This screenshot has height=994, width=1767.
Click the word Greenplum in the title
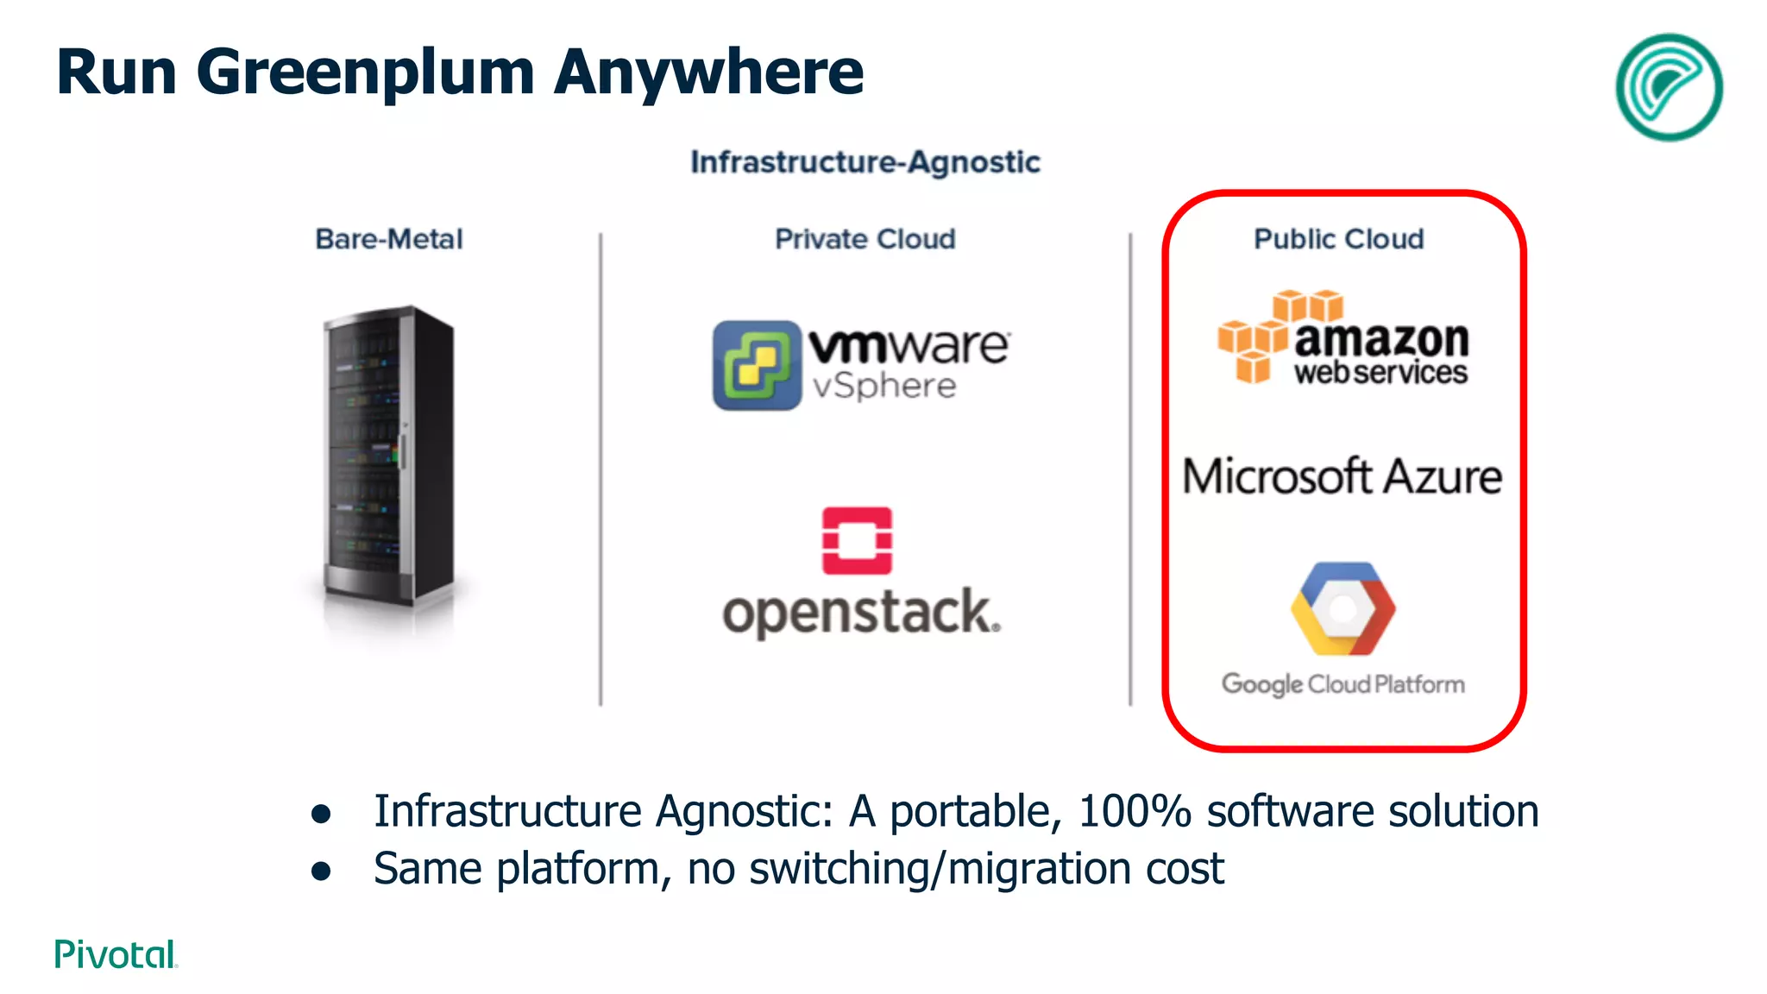click(x=367, y=73)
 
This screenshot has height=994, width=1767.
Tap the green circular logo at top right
click(x=1668, y=87)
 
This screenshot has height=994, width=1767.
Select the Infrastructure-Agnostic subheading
click(x=865, y=162)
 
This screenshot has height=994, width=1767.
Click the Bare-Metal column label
click(x=389, y=239)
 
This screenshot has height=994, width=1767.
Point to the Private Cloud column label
click(x=865, y=239)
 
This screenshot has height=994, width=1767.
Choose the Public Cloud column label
click(x=1338, y=239)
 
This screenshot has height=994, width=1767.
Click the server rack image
click(x=388, y=457)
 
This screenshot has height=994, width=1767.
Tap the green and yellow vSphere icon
click(x=757, y=365)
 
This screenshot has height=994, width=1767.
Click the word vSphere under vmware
click(x=884, y=386)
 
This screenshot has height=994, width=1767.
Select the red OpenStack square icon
click(x=857, y=541)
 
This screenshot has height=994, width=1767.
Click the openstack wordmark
click(x=861, y=613)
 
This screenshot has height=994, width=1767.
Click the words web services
click(x=1380, y=373)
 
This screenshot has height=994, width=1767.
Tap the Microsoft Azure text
click(x=1342, y=477)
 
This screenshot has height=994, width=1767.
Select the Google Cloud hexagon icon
click(x=1343, y=609)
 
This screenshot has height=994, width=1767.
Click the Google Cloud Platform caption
click(x=1343, y=684)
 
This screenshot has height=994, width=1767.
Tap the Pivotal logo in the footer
click(x=116, y=954)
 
